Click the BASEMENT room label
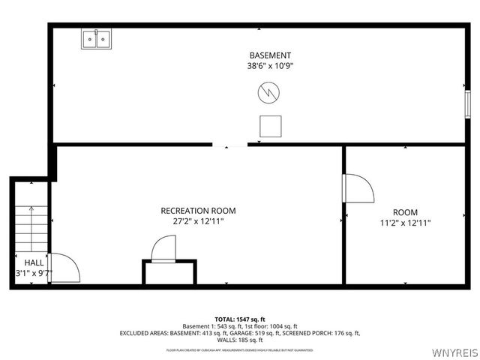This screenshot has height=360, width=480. (270, 55)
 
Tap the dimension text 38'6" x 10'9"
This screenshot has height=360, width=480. (270, 66)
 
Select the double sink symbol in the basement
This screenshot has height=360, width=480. (95, 39)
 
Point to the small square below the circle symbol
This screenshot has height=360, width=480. (270, 126)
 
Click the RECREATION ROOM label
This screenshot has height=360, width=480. (198, 211)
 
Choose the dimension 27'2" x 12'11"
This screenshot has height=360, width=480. (198, 221)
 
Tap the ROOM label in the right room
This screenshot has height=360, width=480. (405, 212)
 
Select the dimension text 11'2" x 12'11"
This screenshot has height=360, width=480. (405, 223)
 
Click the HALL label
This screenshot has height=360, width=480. (34, 262)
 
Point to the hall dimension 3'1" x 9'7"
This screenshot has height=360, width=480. (34, 273)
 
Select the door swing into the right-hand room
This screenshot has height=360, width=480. (358, 188)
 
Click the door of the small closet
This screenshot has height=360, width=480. (163, 248)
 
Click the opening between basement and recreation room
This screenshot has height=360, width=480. (229, 144)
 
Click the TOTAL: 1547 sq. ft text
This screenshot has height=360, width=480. (240, 319)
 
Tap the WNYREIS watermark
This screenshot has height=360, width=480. (454, 352)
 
